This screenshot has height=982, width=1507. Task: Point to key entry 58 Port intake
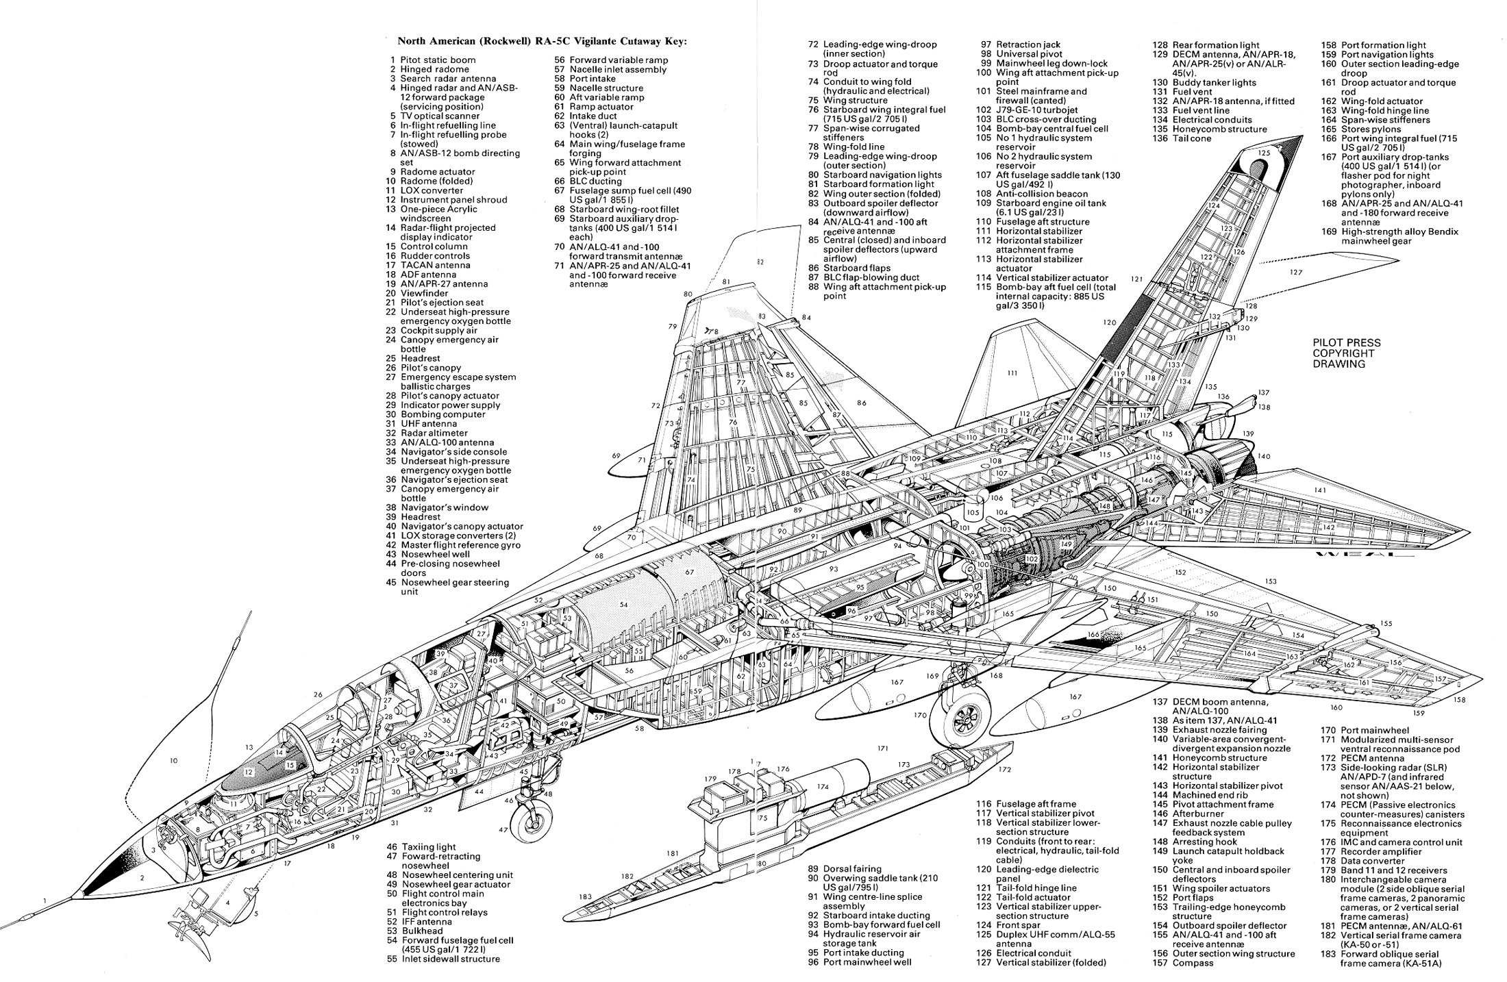589,79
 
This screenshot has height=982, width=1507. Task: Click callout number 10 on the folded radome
173,761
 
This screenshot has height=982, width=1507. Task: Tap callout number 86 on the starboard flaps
861,403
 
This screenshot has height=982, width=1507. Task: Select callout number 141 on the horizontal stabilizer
1320,490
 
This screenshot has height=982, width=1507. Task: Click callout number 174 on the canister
822,788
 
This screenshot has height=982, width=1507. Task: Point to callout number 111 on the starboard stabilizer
1012,373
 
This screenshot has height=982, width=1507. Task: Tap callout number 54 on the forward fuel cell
623,605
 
